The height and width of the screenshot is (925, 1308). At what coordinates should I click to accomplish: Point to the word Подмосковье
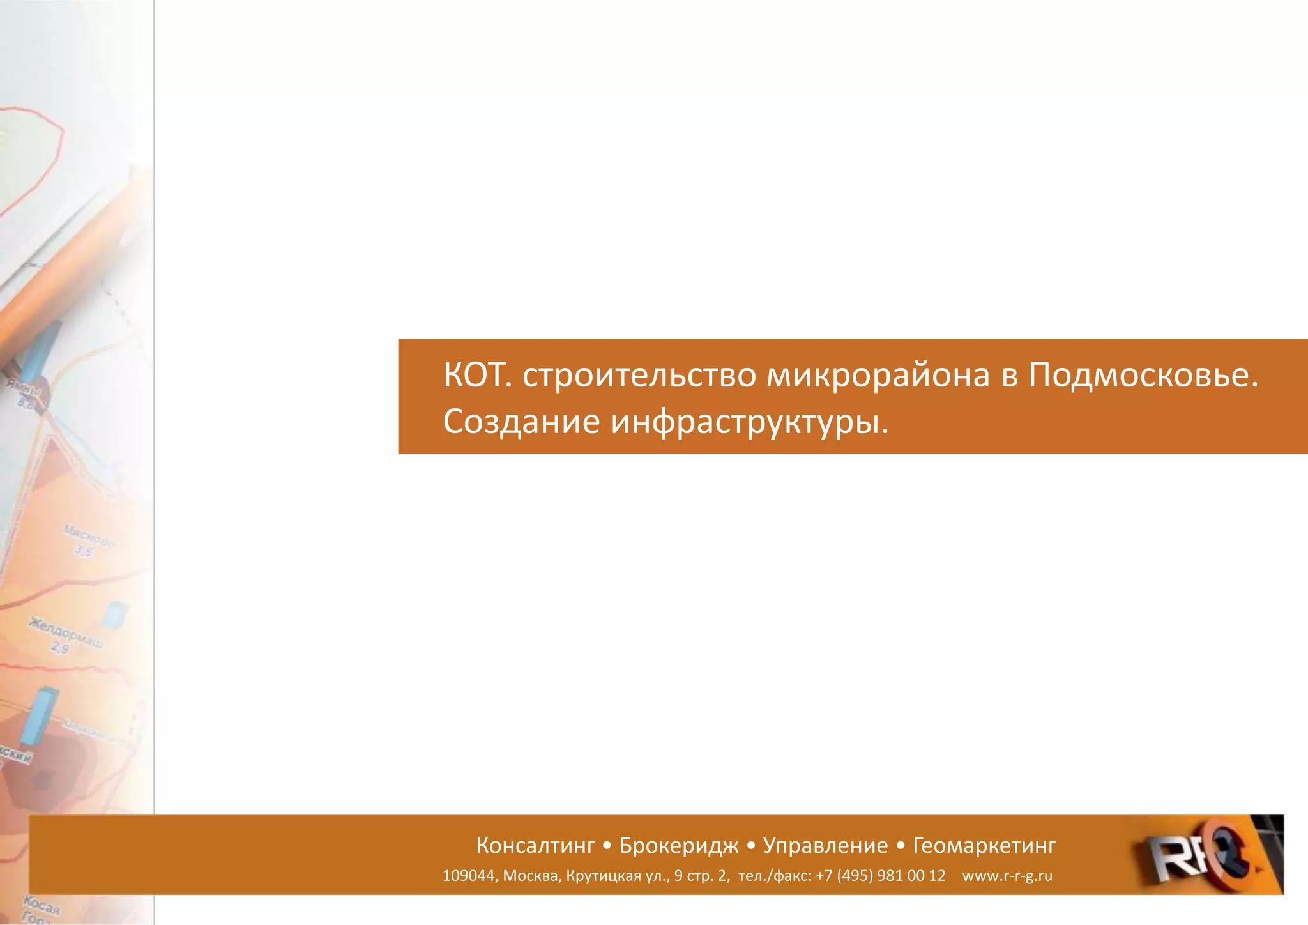[x=1143, y=375]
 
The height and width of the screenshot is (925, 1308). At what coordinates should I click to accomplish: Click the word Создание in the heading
[x=521, y=422]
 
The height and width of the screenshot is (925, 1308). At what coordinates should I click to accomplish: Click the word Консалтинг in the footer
[x=535, y=846]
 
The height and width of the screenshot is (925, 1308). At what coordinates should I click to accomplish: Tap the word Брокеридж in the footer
[x=679, y=846]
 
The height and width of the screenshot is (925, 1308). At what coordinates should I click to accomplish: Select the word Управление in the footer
[x=825, y=846]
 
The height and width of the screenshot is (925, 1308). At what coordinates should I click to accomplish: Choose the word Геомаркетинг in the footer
[x=984, y=846]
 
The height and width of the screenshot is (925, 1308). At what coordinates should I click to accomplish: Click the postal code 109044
[x=468, y=876]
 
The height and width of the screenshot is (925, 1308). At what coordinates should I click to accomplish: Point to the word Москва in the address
[x=530, y=876]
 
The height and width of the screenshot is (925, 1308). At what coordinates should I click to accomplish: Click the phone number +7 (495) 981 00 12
[x=880, y=876]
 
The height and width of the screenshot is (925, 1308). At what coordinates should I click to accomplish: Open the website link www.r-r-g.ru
[x=1007, y=876]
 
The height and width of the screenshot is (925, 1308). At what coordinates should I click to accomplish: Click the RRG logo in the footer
[x=1201, y=855]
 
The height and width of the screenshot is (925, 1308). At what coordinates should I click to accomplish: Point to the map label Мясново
[x=89, y=537]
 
